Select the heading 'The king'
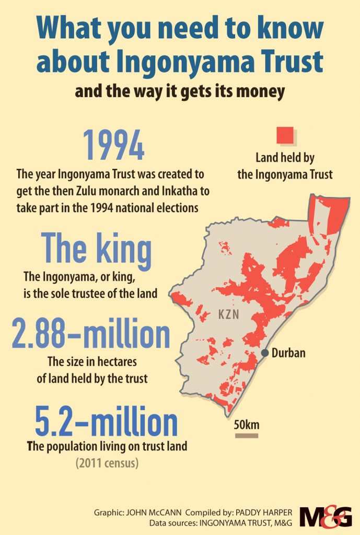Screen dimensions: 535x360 click(x=96, y=250)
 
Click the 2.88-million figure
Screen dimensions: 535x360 click(x=91, y=335)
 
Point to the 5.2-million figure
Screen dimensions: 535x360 click(x=106, y=423)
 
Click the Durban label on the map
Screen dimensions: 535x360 click(x=288, y=353)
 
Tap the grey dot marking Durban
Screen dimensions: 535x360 click(x=265, y=353)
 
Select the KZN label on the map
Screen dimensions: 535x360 click(x=229, y=315)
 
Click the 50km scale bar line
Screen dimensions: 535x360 click(x=247, y=435)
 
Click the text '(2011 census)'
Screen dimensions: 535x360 click(x=107, y=463)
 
